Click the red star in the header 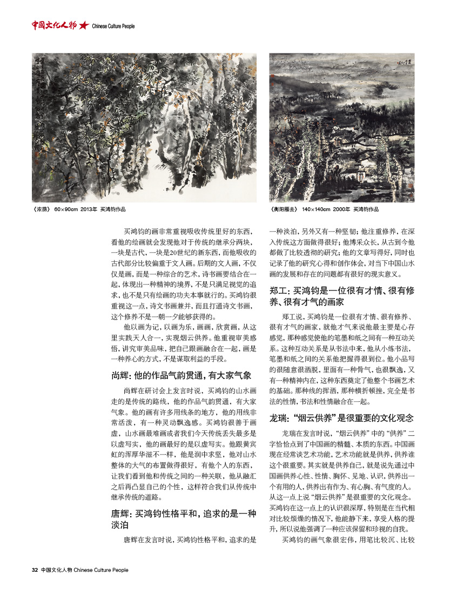tap(84, 25)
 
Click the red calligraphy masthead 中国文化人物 tap(53, 25)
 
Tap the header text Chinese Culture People tap(113, 26)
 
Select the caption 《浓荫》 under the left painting tap(41, 209)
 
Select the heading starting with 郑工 tap(341, 296)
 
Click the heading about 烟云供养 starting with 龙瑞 tap(341, 418)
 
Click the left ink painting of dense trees tap(144, 127)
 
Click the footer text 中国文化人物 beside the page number tap(56, 570)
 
